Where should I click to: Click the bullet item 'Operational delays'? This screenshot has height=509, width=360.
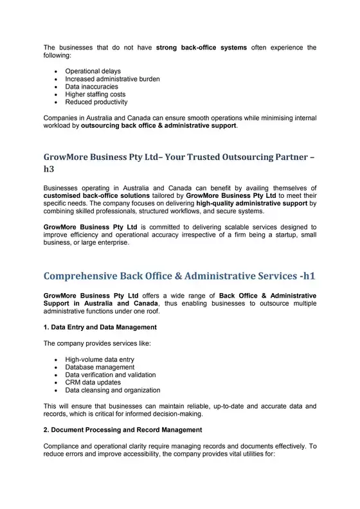(x=93, y=71)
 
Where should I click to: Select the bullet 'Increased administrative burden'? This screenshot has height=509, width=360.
(x=113, y=78)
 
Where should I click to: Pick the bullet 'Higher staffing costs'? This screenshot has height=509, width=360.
(x=95, y=94)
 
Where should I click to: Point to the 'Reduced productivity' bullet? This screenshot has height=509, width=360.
(x=96, y=102)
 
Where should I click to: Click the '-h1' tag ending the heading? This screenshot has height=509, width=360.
(x=303, y=276)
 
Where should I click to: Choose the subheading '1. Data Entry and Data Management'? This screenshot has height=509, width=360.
(x=100, y=327)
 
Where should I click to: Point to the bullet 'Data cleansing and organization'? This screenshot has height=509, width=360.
(x=113, y=390)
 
